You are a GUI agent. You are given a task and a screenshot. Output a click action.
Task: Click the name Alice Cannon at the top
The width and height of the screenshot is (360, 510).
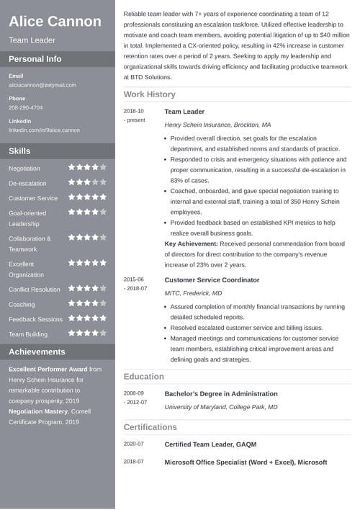coord(55,21)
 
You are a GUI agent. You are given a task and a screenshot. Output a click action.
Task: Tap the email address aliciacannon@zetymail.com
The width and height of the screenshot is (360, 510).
coord(42,85)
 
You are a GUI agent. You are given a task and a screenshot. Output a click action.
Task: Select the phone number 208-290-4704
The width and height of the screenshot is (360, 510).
coord(25,107)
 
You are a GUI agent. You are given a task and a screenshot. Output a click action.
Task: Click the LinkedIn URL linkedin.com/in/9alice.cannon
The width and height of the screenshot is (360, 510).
coord(44,130)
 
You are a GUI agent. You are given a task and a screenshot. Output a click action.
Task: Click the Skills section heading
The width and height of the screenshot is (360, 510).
coord(19,151)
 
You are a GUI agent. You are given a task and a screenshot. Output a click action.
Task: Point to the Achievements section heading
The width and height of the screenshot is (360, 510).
coord(37,352)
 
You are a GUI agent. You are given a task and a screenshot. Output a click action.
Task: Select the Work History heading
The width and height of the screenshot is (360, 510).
coord(149,94)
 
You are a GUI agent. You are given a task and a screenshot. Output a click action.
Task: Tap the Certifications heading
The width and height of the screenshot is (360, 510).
coord(150,427)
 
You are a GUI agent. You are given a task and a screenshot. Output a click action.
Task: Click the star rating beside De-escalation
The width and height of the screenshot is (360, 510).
coord(87,182)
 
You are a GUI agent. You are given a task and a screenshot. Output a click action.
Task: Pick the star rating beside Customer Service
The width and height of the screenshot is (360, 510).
coord(87,197)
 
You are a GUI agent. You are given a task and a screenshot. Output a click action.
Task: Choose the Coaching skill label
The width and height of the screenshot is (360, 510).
coord(22,304)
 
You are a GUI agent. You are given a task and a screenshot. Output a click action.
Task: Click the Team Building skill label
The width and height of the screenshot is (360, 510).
coord(28,334)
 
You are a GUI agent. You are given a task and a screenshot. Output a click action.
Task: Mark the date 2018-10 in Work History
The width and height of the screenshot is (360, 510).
coord(133,111)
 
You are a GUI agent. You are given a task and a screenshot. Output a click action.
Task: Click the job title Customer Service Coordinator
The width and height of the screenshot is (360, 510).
coord(212,279)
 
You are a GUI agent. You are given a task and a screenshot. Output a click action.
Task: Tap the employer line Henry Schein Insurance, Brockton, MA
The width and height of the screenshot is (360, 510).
coord(217,125)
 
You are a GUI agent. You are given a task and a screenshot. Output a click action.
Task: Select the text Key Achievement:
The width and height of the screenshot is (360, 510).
coord(192,244)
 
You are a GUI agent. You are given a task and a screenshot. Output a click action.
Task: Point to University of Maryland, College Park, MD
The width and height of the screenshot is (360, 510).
coord(220,407)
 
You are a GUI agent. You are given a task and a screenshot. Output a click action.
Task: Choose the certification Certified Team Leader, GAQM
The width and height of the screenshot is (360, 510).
coord(210,444)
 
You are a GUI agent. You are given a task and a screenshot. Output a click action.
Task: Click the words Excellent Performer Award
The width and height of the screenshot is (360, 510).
coord(48,369)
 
